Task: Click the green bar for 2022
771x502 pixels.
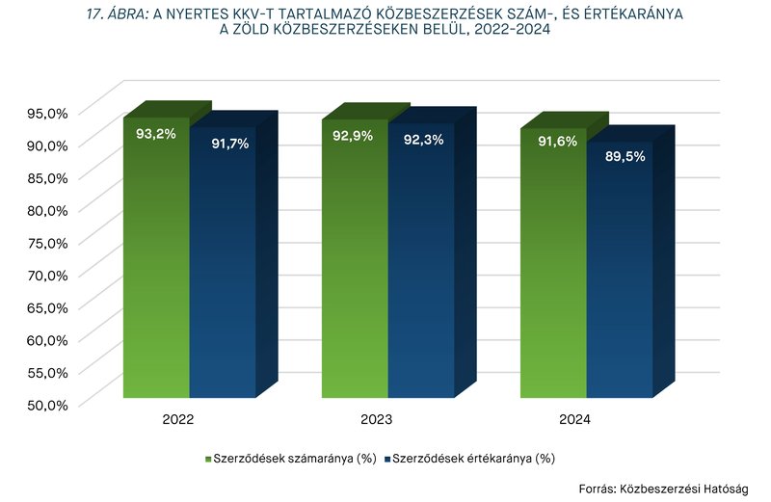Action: (x=156, y=270)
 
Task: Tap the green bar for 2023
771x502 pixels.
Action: (x=355, y=270)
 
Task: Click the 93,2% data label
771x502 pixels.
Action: (x=156, y=134)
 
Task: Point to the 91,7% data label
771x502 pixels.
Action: (x=229, y=144)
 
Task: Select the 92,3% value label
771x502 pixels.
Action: (x=423, y=141)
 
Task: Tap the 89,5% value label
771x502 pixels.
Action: (x=625, y=156)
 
